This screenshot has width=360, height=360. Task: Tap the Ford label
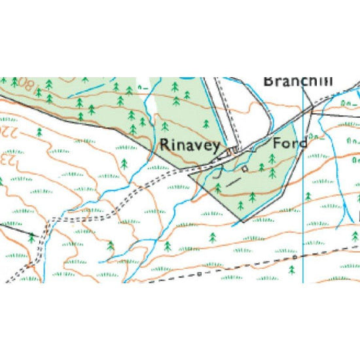coord(289,143)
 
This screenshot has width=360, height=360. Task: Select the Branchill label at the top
coord(298,81)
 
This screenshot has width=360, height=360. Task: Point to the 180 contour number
coord(25,83)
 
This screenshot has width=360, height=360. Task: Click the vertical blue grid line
coord(303,196)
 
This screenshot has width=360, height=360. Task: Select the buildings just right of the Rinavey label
coord(230,153)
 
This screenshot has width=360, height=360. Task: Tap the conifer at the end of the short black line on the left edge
coord(31,238)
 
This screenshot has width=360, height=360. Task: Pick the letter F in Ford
coord(277,143)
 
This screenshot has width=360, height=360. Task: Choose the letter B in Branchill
coord(268,81)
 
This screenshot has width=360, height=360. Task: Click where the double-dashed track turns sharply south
coord(50,220)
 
